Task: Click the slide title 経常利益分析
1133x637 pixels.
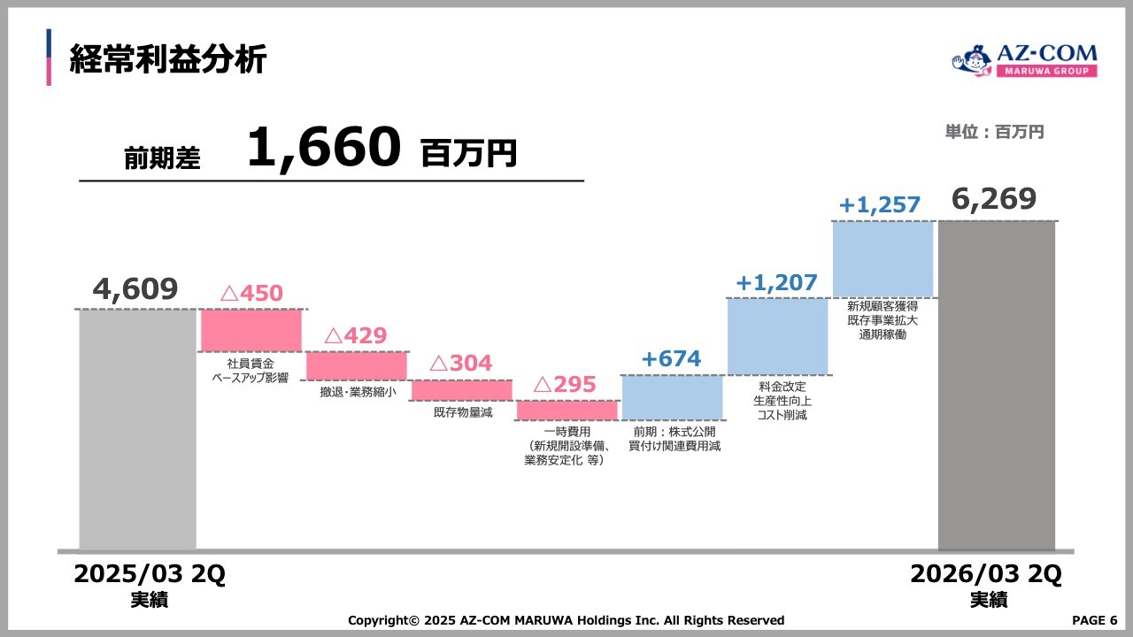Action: click(168, 59)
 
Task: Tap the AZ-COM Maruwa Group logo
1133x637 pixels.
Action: click(1024, 62)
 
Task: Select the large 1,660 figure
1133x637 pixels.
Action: click(324, 148)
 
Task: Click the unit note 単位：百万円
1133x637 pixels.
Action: click(994, 132)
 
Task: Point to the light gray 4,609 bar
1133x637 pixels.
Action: click(137, 429)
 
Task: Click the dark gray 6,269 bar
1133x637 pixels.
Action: click(997, 385)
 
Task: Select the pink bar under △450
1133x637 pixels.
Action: click(251, 330)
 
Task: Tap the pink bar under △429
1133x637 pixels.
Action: click(357, 365)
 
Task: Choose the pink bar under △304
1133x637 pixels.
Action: click(461, 390)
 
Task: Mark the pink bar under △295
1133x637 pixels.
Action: click(566, 411)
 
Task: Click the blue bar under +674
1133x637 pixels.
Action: click(672, 397)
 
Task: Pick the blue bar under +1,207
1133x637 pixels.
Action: click(777, 336)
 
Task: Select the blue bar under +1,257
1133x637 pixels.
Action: click(883, 258)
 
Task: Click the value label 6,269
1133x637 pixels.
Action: click(994, 199)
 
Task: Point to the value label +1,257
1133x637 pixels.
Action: click(880, 205)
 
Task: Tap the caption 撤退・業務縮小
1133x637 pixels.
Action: click(358, 392)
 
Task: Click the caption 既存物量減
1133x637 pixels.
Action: click(462, 412)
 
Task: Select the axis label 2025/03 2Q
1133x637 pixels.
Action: click(150, 574)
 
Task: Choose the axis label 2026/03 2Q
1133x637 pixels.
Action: click(986, 574)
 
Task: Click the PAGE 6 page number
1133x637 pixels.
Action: click(1094, 620)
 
